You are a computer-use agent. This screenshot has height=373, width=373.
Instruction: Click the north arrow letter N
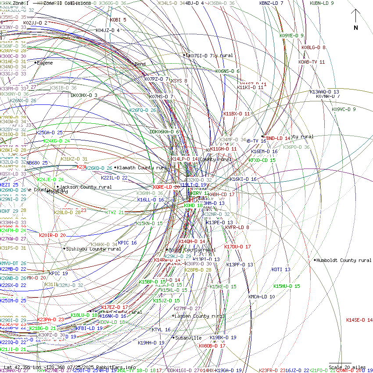coord(356,28)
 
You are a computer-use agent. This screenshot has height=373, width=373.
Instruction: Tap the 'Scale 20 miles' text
coord(347,367)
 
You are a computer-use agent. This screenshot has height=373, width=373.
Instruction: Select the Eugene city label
coord(44,63)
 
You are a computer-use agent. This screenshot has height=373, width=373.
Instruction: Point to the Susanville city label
coord(188,338)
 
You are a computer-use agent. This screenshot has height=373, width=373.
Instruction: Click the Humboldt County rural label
coord(344,260)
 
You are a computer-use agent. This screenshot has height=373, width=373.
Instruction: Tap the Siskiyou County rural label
coord(93,249)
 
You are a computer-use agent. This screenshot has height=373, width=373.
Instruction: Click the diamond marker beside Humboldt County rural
coord(315,260)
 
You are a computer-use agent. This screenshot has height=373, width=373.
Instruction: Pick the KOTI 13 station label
coord(281,269)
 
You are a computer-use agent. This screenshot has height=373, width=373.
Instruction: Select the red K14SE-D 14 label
coord(359,320)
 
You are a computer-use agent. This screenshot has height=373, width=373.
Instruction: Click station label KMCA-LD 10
coord(262,297)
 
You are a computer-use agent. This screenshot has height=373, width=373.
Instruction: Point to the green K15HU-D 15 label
coord(287,286)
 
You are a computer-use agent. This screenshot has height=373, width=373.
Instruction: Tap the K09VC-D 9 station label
coord(344,109)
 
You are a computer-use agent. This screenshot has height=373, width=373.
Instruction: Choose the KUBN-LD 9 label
coord(322,3)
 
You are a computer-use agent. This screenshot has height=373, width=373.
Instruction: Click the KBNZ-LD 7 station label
coord(271,3)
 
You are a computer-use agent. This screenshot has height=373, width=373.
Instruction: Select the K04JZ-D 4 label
coord(108,30)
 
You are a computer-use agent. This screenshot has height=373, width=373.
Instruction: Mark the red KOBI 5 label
coord(118,20)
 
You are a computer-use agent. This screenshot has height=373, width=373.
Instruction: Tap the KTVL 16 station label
coord(161,330)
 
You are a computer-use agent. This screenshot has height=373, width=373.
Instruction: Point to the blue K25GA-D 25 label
coord(50,133)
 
